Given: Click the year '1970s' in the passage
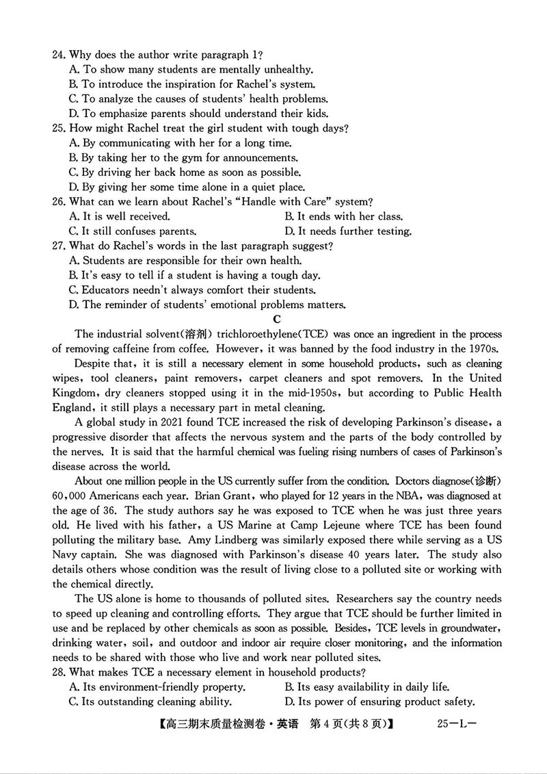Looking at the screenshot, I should (484, 348).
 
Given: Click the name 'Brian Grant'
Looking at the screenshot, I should (185, 495).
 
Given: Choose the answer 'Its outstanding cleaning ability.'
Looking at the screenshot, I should (150, 701).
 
